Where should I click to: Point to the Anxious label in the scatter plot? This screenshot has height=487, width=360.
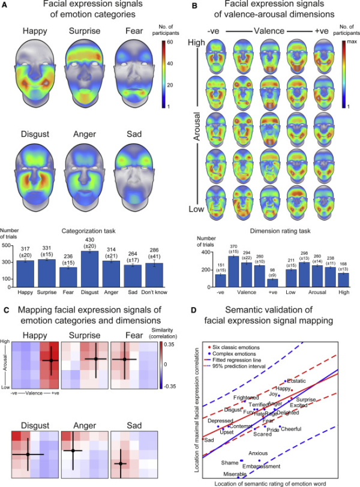coord(258,453)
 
